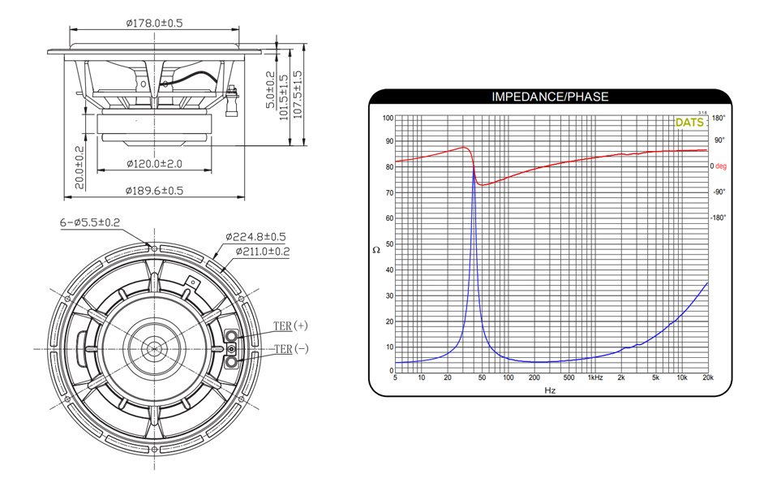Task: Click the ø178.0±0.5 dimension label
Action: coord(154,23)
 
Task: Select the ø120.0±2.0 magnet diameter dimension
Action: coord(154,163)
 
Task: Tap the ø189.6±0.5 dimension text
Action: coord(154,190)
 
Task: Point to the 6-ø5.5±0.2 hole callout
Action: coord(90,222)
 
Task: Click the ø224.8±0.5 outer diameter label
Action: coord(255,237)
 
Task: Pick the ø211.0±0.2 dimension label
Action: coord(263,252)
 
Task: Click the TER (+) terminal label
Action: coord(290,325)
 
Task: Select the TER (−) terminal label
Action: coord(291,349)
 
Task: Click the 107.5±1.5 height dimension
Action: coord(298,95)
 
